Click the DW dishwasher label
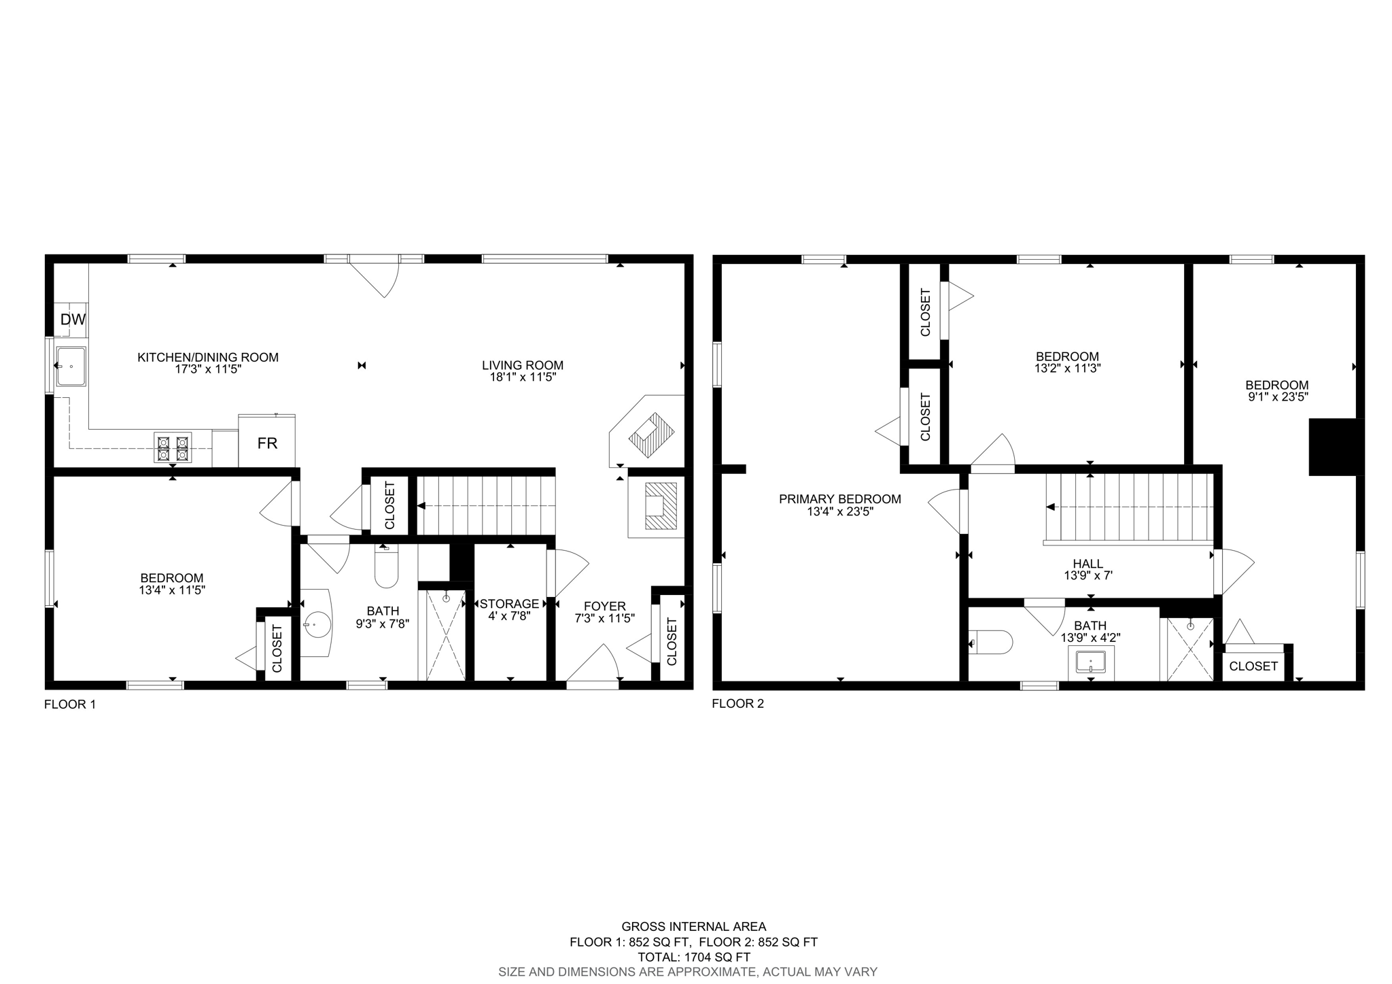(x=73, y=320)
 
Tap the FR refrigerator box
(x=267, y=441)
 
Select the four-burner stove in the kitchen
(x=173, y=447)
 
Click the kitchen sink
(x=71, y=366)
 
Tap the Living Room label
(x=523, y=366)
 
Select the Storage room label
(x=509, y=604)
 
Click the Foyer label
(x=604, y=607)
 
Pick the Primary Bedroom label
(x=840, y=499)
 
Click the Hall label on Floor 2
(x=1088, y=564)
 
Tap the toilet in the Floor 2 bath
(x=991, y=641)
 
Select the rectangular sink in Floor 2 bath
(x=1091, y=662)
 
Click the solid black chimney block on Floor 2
(x=1336, y=447)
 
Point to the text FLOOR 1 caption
(x=70, y=705)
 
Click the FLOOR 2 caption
(x=738, y=704)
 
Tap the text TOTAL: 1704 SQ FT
(x=694, y=957)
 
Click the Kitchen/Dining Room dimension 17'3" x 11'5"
(x=208, y=369)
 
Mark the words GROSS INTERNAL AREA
(x=694, y=926)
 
